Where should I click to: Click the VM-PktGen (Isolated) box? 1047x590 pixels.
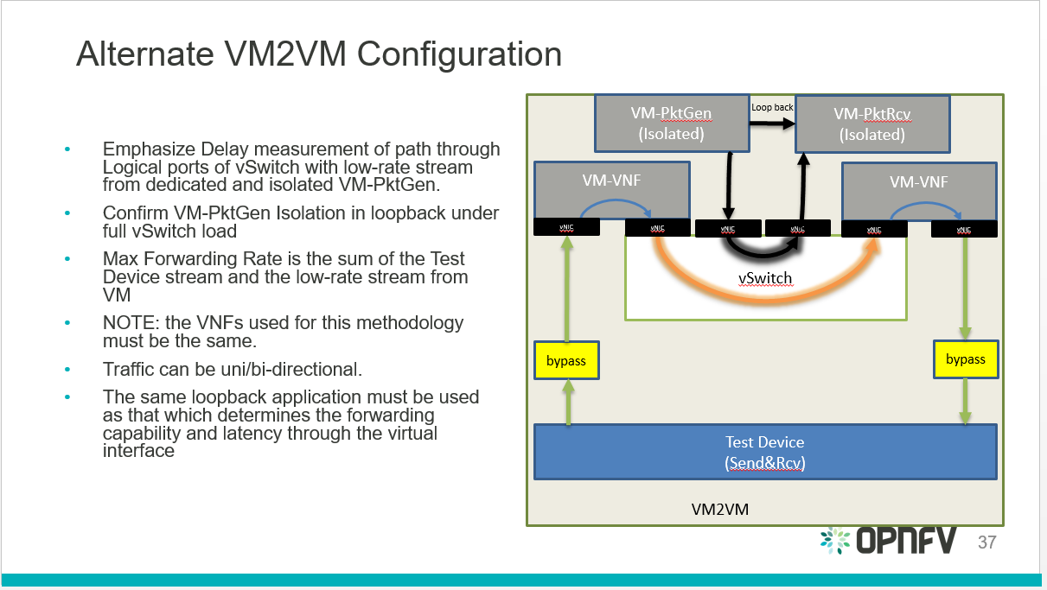pyautogui.click(x=672, y=123)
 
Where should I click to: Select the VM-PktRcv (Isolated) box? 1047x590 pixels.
pyautogui.click(x=871, y=124)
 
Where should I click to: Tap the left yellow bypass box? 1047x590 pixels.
pyautogui.click(x=566, y=359)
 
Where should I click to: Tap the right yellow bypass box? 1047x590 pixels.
pyautogui.click(x=965, y=358)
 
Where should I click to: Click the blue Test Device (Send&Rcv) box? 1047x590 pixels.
pyautogui.click(x=764, y=452)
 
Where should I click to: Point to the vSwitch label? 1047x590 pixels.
pyautogui.click(x=764, y=278)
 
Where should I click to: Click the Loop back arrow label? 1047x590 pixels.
pyautogui.click(x=772, y=108)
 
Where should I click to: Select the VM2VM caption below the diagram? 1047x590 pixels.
pyautogui.click(x=719, y=510)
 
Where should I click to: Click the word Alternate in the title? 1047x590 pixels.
pyautogui.click(x=138, y=54)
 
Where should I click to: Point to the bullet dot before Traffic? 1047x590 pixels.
pyautogui.click(x=67, y=370)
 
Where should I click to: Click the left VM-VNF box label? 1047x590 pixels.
pyautogui.click(x=612, y=181)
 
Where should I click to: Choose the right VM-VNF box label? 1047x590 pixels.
pyautogui.click(x=918, y=182)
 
